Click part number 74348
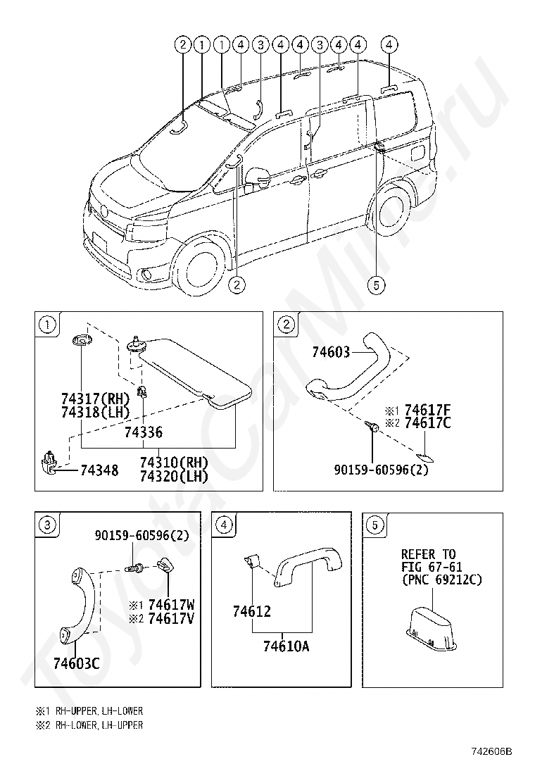tap(99, 470)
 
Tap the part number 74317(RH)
tap(96, 399)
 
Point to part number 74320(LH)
tap(174, 477)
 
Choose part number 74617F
tap(427, 410)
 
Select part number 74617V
tap(171, 618)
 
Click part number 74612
tap(252, 612)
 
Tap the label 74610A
tap(286, 645)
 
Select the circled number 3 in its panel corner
tap(46, 525)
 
